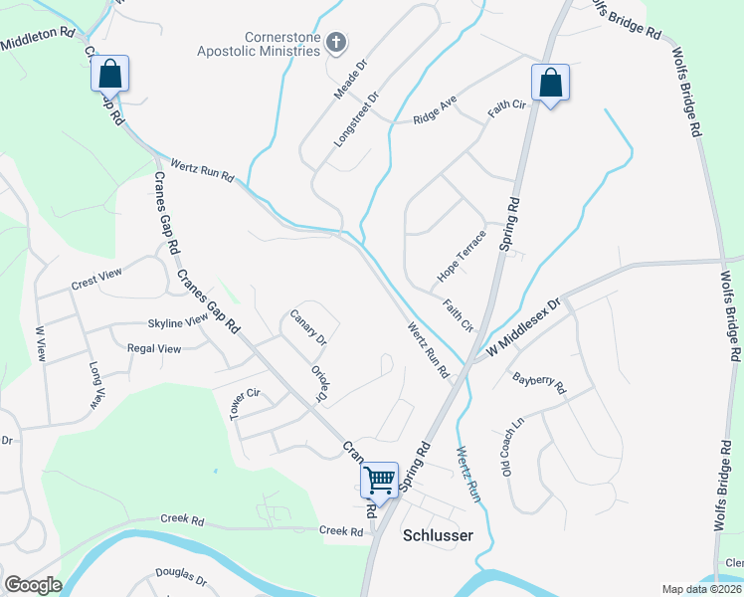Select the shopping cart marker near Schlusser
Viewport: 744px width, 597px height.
tap(379, 481)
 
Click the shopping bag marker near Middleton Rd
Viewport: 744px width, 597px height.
tap(109, 74)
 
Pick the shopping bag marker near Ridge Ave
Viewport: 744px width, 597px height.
tap(550, 84)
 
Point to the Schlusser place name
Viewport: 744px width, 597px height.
tap(437, 535)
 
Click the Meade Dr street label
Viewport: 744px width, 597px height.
tap(351, 76)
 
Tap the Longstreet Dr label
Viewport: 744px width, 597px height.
tap(357, 120)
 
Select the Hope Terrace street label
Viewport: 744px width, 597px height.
tap(462, 256)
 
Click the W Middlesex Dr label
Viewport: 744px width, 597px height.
tap(524, 325)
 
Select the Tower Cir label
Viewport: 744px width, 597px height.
tap(245, 404)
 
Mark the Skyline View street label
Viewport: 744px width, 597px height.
tap(178, 320)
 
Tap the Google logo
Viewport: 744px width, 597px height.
tap(33, 585)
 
